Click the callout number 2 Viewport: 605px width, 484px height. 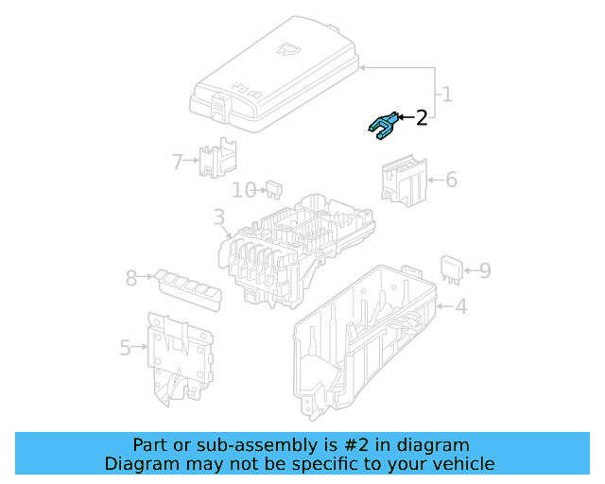(x=422, y=117)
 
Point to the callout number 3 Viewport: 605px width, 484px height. (x=219, y=219)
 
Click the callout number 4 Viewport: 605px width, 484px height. (x=460, y=307)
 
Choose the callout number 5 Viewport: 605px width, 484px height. (x=126, y=348)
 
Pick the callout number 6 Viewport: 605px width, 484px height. (x=451, y=180)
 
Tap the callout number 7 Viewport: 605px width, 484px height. (x=177, y=162)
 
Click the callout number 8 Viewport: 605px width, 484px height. (x=131, y=278)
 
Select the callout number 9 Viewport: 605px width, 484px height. (x=484, y=271)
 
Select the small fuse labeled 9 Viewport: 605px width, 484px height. (x=451, y=268)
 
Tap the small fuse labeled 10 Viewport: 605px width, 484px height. (x=276, y=189)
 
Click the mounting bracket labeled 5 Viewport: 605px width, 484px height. (x=180, y=354)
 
